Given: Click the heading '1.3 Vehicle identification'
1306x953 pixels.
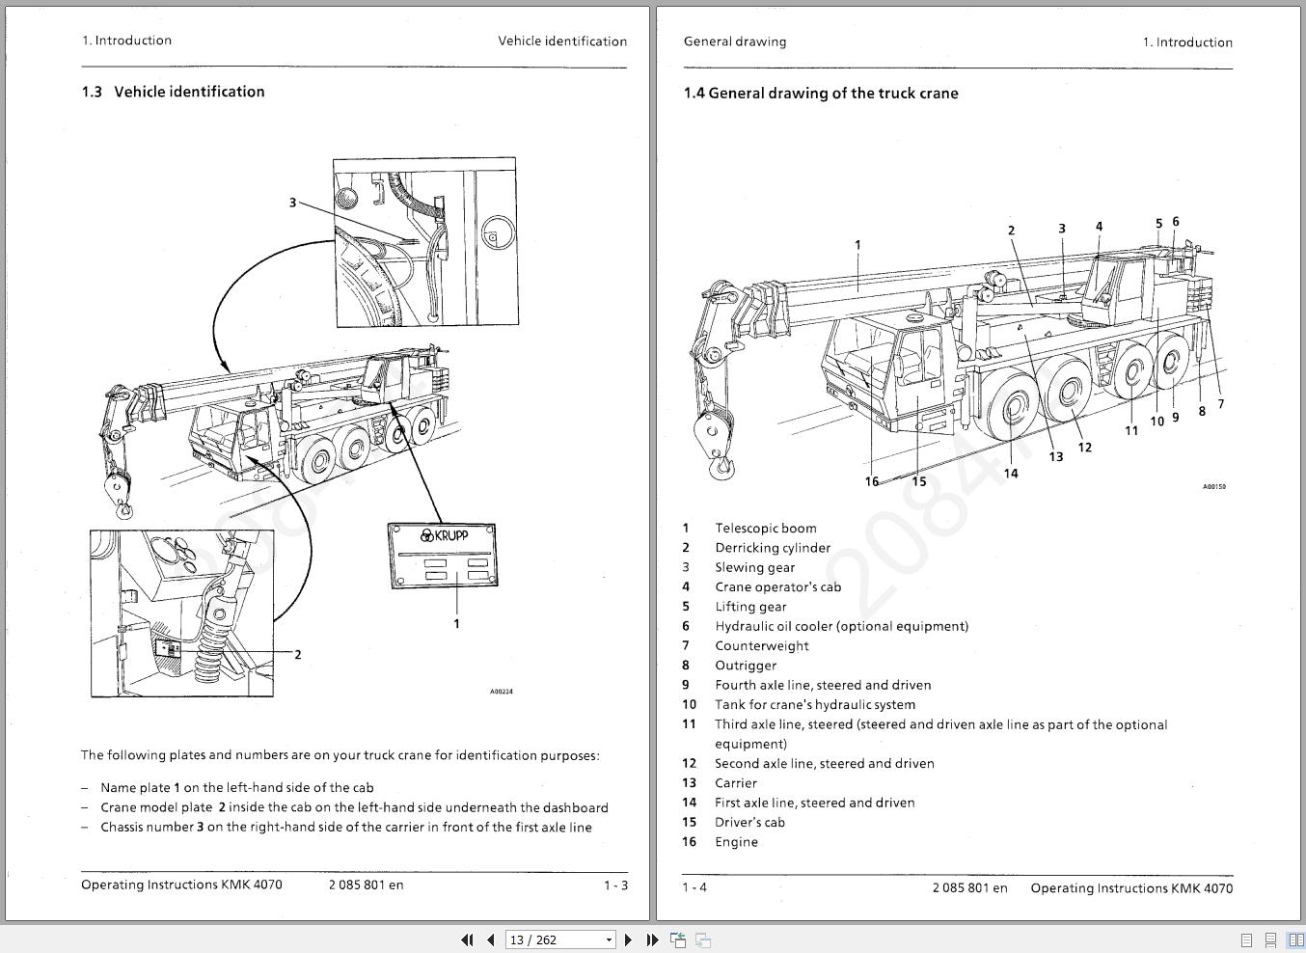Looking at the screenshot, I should coord(173,92).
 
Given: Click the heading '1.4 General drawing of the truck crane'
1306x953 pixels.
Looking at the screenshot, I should coord(820,94).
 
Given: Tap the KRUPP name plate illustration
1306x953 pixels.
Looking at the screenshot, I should coord(443,556).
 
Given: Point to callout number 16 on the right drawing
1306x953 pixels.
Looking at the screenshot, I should coord(872,481).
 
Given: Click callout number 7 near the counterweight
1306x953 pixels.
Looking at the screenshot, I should coord(1220,404).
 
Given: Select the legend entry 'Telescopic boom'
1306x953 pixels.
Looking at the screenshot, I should coord(765,529).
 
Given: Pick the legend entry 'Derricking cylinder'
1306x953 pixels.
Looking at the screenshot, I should coord(772,548).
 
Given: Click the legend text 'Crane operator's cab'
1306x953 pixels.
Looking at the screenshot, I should coord(777,587).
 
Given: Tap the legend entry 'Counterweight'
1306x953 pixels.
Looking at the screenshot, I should coord(761,646).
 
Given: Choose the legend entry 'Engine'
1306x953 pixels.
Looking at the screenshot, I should coord(736,842).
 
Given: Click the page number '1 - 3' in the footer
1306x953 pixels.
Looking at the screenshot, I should coord(615,885).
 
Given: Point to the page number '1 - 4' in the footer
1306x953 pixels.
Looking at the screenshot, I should coord(694,887).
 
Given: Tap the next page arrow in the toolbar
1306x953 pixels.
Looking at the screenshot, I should coord(628,939).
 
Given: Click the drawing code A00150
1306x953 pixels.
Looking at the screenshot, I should coord(1213,487).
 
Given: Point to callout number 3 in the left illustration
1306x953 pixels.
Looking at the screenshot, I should coord(293,203).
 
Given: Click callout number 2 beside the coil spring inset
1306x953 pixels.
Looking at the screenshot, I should coord(297,655).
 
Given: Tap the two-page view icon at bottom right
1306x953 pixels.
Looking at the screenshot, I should coord(1295,939).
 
